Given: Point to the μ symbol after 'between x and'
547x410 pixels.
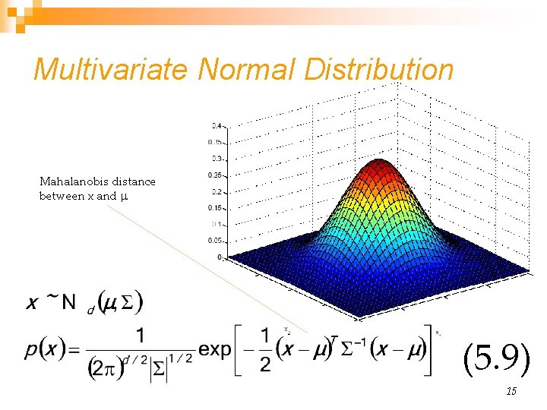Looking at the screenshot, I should pyautogui.click(x=124, y=197).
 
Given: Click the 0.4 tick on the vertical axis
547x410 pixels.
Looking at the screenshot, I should pyautogui.click(x=217, y=125).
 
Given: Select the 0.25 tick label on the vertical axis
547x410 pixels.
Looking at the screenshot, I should pyautogui.click(x=216, y=175).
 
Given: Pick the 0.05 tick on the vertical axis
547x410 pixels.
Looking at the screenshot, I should pyautogui.click(x=216, y=241).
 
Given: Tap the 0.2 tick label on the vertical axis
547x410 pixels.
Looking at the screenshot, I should pyautogui.click(x=217, y=192).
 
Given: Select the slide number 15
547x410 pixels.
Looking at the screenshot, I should pyautogui.click(x=511, y=391).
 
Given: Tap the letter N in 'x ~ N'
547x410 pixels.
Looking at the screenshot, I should pyautogui.click(x=68, y=302).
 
